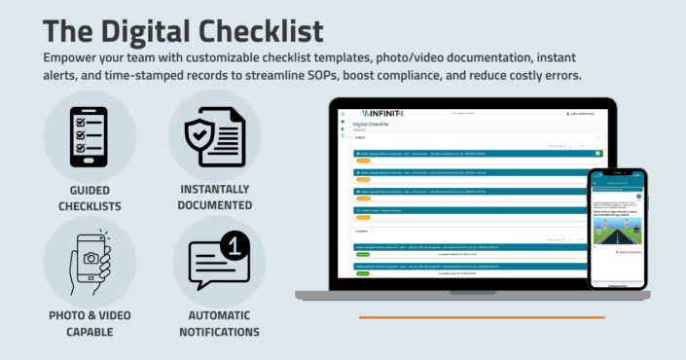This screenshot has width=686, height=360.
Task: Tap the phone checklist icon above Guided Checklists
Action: click(90, 135)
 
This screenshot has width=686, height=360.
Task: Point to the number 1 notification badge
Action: click(233, 247)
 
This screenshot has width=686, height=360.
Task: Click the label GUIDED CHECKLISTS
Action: click(90, 198)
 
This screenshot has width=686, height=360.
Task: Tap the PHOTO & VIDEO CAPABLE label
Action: click(90, 323)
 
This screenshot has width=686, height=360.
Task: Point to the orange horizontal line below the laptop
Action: click(482, 316)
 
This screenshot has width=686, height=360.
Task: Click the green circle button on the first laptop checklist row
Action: click(597, 153)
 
